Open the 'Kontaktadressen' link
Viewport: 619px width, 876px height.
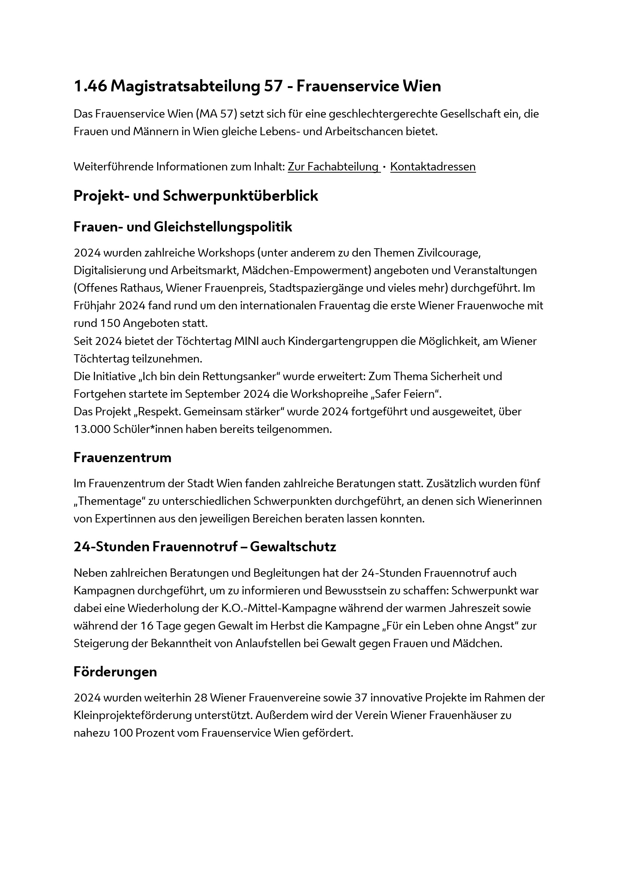click(x=433, y=167)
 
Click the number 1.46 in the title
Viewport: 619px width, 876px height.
click(x=90, y=86)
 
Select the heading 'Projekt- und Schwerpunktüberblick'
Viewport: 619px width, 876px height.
click(x=195, y=196)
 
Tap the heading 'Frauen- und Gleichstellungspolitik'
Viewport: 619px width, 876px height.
click(x=183, y=227)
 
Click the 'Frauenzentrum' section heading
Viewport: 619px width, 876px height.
click(x=122, y=457)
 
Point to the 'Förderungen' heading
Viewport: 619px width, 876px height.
click(x=115, y=672)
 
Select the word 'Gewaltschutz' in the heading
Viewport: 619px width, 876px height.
click(x=293, y=547)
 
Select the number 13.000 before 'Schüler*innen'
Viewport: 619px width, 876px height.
click(x=92, y=429)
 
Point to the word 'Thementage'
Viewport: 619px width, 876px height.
click(x=111, y=501)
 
